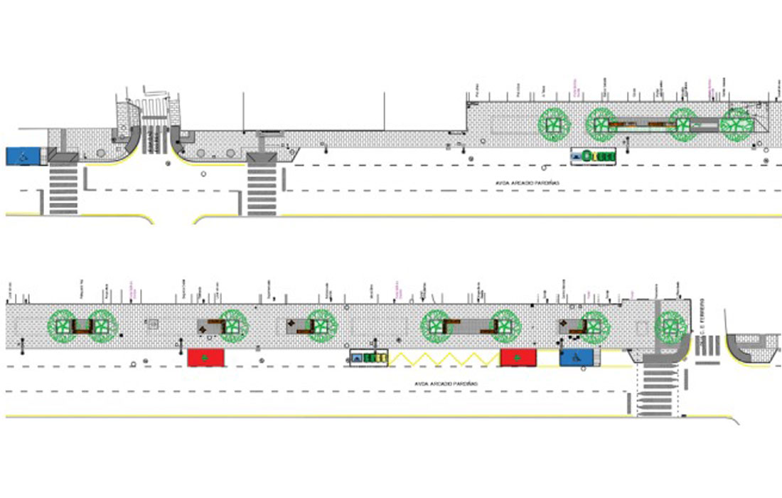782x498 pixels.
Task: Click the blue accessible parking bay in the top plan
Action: pyautogui.click(x=25, y=156)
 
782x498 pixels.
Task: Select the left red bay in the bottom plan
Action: pyautogui.click(x=206, y=357)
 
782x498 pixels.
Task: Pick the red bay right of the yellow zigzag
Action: pyautogui.click(x=518, y=357)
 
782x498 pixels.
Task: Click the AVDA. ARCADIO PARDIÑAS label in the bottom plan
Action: pyautogui.click(x=446, y=384)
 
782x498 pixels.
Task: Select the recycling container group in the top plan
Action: pyautogui.click(x=593, y=155)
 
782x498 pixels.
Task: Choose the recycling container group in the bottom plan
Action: pyautogui.click(x=368, y=358)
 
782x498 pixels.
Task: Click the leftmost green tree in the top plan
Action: pyautogui.click(x=552, y=124)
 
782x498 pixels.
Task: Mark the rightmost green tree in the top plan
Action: pyautogui.click(x=736, y=124)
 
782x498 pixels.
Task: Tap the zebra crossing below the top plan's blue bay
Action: pyautogui.click(x=63, y=189)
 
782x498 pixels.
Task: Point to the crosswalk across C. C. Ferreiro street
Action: pyautogui.click(x=707, y=346)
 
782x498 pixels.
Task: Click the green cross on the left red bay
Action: pyautogui.click(x=206, y=357)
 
